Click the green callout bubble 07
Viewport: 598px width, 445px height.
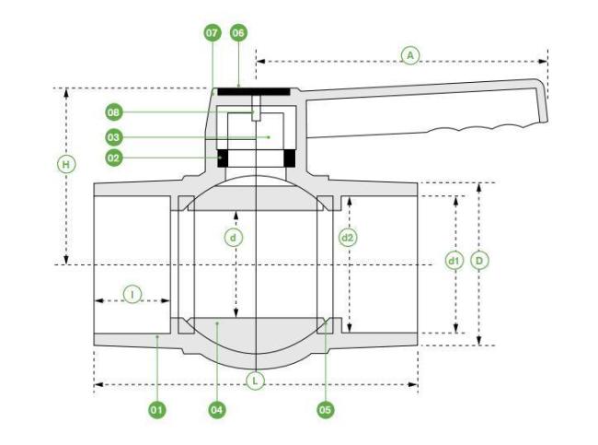coord(212,33)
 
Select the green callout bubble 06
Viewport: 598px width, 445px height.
coord(238,33)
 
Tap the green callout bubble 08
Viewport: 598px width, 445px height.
coord(114,112)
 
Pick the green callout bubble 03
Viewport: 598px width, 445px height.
coord(114,137)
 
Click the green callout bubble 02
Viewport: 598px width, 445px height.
coord(114,158)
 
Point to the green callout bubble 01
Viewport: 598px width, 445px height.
coord(156,410)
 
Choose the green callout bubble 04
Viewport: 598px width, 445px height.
coord(216,410)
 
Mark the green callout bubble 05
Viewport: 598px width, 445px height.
coord(326,410)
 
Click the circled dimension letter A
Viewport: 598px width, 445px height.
coord(410,56)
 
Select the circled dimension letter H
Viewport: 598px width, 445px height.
coord(66,165)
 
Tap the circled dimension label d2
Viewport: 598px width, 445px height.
coord(348,238)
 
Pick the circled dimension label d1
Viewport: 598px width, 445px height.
coord(454,262)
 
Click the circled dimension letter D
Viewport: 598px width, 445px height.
coord(479,262)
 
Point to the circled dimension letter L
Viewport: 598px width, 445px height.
coord(255,381)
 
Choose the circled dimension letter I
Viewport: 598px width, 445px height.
coord(132,295)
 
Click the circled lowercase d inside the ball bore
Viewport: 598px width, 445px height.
coord(233,238)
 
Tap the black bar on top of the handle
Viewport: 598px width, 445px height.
coord(254,92)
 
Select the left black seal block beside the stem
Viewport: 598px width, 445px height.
coord(223,158)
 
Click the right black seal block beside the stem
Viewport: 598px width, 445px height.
coord(290,158)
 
